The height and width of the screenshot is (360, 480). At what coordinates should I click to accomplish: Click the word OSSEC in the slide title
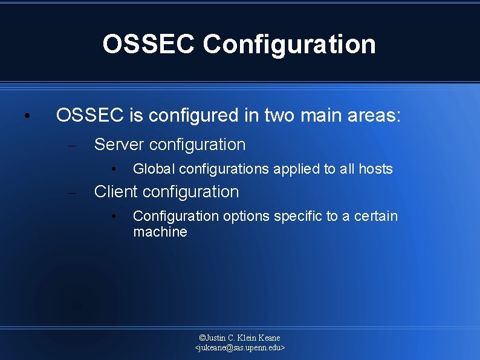coord(149,44)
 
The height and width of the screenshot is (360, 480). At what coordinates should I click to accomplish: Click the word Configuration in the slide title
coord(289,45)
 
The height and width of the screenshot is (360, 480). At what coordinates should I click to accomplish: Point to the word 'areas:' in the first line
coord(374,115)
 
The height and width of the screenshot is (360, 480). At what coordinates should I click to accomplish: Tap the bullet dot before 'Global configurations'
coord(112,169)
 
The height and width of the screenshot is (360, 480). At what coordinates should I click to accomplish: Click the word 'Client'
coord(116,192)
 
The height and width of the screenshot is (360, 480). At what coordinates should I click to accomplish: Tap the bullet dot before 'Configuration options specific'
coord(112,217)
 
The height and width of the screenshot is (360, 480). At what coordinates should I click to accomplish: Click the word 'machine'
coord(160,232)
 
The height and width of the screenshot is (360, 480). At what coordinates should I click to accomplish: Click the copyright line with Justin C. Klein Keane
coord(239,338)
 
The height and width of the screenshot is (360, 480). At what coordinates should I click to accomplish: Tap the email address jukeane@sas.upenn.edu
coord(239,348)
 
